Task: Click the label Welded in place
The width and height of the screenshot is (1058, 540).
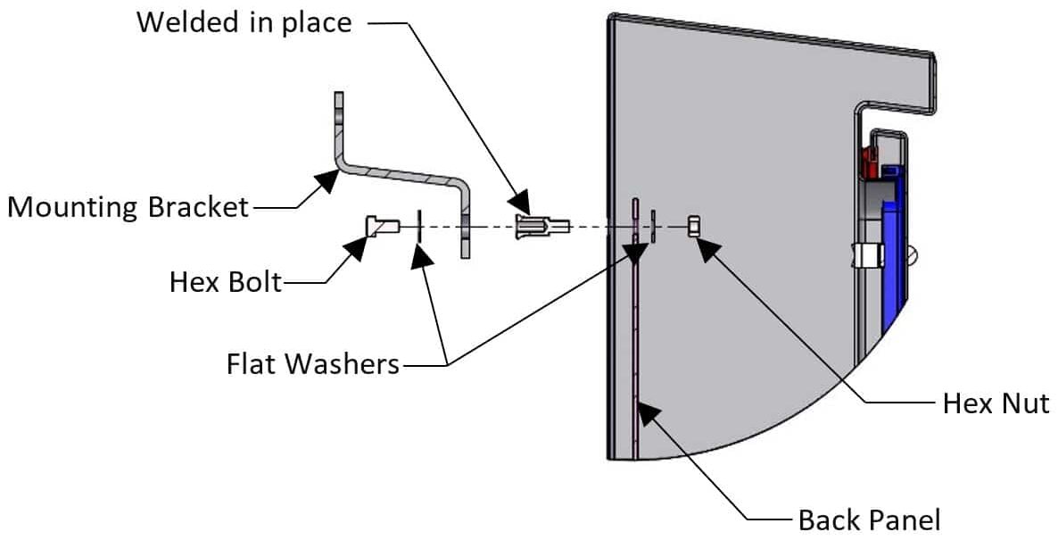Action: click(x=244, y=21)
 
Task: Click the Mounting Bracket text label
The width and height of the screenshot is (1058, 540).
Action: click(x=128, y=207)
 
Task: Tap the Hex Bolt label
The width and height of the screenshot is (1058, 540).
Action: click(x=226, y=282)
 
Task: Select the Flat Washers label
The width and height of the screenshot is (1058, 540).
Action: click(x=312, y=364)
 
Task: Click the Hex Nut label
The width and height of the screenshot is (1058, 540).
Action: click(x=996, y=403)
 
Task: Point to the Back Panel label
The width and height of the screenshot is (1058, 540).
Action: click(x=869, y=519)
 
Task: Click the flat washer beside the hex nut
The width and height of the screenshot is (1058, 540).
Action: click(x=654, y=226)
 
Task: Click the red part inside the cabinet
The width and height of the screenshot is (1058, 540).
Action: click(x=869, y=162)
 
